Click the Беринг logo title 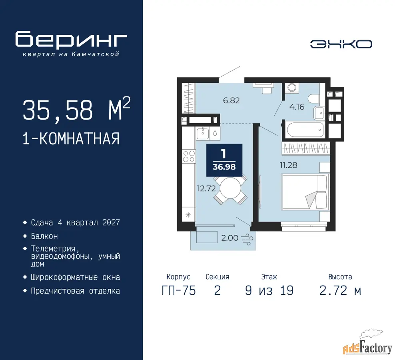(71, 39)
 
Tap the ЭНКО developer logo (341, 44)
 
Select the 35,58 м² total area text (77, 110)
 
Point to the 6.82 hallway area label (231, 100)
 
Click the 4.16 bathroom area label (297, 107)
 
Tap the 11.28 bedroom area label (288, 165)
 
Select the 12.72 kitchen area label (206, 188)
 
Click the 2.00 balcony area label (229, 238)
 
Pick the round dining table (230, 188)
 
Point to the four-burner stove (189, 156)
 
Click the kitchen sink (203, 133)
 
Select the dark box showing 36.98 (224, 160)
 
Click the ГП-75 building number (179, 290)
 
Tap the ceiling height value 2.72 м (340, 290)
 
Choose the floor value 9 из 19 (269, 290)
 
